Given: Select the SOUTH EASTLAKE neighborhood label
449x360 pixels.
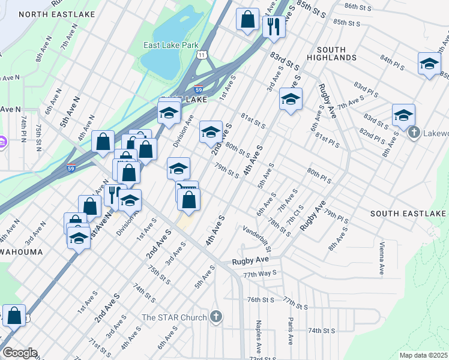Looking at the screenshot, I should [402, 214].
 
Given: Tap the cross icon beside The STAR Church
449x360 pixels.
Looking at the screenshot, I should [217, 317].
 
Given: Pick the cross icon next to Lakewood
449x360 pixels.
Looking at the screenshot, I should [414, 133].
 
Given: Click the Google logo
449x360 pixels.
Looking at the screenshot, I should [19, 353].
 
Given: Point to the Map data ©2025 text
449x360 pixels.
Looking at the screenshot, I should [423, 355].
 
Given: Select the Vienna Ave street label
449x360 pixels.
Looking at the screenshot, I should [381, 259].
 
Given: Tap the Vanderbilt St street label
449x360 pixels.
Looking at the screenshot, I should [258, 238].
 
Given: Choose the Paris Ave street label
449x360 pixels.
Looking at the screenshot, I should [291, 331].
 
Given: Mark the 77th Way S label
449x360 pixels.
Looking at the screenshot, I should [260, 273].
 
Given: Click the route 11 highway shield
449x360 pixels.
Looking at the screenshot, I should [205, 55].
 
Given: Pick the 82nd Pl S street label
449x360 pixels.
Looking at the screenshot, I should [372, 135].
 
